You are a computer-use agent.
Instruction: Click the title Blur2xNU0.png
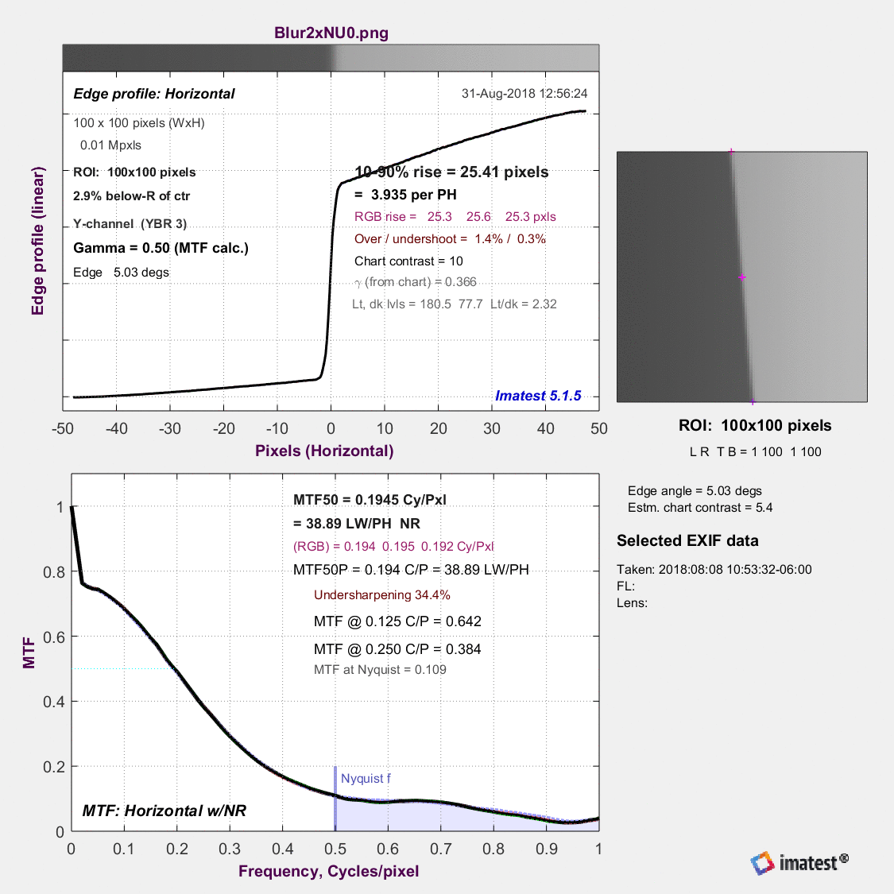pyautogui.click(x=331, y=33)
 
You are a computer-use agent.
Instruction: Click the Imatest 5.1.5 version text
pyautogui.click(x=538, y=396)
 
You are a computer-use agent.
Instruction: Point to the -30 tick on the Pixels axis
pyautogui.click(x=170, y=429)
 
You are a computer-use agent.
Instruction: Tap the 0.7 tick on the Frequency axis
pyautogui.click(x=441, y=849)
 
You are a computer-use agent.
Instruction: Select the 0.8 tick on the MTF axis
pyautogui.click(x=54, y=572)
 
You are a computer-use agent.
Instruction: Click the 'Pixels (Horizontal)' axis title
pyautogui.click(x=324, y=451)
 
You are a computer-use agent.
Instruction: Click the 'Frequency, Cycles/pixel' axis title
pyautogui.click(x=329, y=871)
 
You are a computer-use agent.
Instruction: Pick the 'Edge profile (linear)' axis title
pyautogui.click(x=37, y=241)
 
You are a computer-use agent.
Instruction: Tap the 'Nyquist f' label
pyautogui.click(x=366, y=778)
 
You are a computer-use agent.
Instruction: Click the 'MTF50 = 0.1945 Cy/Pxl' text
pyautogui.click(x=370, y=500)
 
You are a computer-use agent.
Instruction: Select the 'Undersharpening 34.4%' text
pyautogui.click(x=382, y=594)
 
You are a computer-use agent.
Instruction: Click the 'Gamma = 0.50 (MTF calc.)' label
pyautogui.click(x=161, y=248)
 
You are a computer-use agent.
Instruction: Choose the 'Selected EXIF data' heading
pyautogui.click(x=687, y=540)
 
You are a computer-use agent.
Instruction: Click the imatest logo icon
pyautogui.click(x=762, y=863)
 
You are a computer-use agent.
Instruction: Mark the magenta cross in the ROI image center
pyautogui.click(x=741, y=277)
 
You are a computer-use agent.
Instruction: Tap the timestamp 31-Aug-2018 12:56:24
pyautogui.click(x=524, y=94)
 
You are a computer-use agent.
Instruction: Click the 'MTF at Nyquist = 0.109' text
pyautogui.click(x=380, y=669)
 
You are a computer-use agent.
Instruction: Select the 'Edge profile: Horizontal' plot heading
pyautogui.click(x=154, y=94)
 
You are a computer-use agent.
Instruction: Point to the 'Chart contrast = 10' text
pyautogui.click(x=408, y=261)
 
